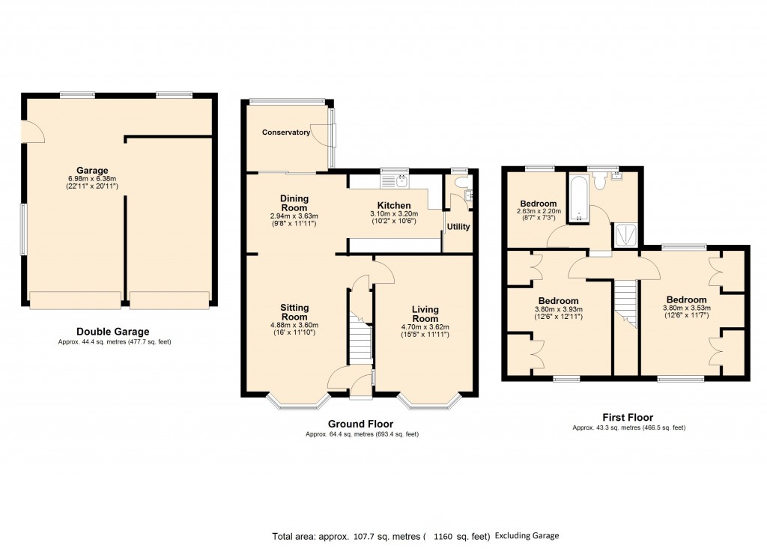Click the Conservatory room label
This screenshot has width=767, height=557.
tap(285, 133)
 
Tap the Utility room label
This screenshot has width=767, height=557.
tap(458, 227)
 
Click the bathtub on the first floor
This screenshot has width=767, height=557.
tap(580, 198)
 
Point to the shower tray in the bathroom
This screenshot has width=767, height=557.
tap(625, 235)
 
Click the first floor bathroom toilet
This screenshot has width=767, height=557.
tap(599, 181)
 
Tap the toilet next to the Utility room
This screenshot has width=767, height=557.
tap(461, 182)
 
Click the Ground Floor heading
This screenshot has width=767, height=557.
tap(360, 424)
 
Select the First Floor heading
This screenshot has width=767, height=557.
tap(628, 418)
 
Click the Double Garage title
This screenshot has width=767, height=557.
tap(113, 332)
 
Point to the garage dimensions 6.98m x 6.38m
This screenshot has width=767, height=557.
tap(92, 179)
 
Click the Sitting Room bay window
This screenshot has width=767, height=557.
tap(298, 401)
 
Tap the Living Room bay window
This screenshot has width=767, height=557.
tap(429, 401)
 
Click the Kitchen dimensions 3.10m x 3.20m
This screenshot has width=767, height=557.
tap(394, 213)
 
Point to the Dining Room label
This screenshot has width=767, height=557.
tap(294, 203)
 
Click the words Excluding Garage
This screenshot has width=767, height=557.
tap(527, 535)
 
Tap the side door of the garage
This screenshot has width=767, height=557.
tap(33, 132)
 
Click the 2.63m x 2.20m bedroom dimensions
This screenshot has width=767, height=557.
tap(539, 211)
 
